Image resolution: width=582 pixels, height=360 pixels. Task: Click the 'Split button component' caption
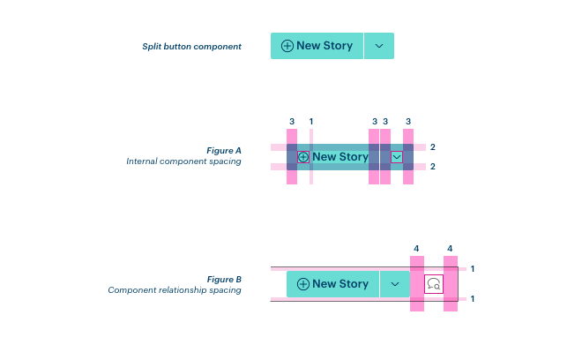pos(191,47)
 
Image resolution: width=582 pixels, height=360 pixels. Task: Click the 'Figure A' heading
pos(224,151)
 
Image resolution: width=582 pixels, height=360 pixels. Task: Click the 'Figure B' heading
pos(224,280)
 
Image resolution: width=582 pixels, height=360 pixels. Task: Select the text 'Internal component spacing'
pos(183,161)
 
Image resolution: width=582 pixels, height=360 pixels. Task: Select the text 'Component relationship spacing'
pos(175,290)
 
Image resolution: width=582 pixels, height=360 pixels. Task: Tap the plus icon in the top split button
pos(287,46)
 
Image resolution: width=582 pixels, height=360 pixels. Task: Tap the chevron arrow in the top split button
pos(379,46)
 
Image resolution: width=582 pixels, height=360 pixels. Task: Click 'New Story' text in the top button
pos(325,46)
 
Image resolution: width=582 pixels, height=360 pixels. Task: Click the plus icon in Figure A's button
pos(303,157)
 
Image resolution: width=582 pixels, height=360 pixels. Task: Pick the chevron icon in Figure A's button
pos(397,157)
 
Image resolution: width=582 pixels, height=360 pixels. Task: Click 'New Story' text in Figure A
pos(340,157)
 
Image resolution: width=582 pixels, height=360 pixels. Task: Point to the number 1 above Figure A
pos(311,121)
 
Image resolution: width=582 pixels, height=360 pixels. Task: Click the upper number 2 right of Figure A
pos(433,147)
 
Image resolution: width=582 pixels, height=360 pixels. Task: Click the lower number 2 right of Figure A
pos(433,167)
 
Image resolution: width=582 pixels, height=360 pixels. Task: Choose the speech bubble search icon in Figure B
pos(434,284)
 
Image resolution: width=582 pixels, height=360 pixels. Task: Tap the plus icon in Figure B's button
pos(303,284)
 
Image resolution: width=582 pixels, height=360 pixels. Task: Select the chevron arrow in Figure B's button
pos(395,284)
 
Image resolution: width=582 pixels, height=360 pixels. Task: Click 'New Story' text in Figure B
pos(340,284)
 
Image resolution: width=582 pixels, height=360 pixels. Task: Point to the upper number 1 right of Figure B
pos(474,269)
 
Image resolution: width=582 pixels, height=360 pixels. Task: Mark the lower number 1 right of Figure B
pos(474,299)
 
